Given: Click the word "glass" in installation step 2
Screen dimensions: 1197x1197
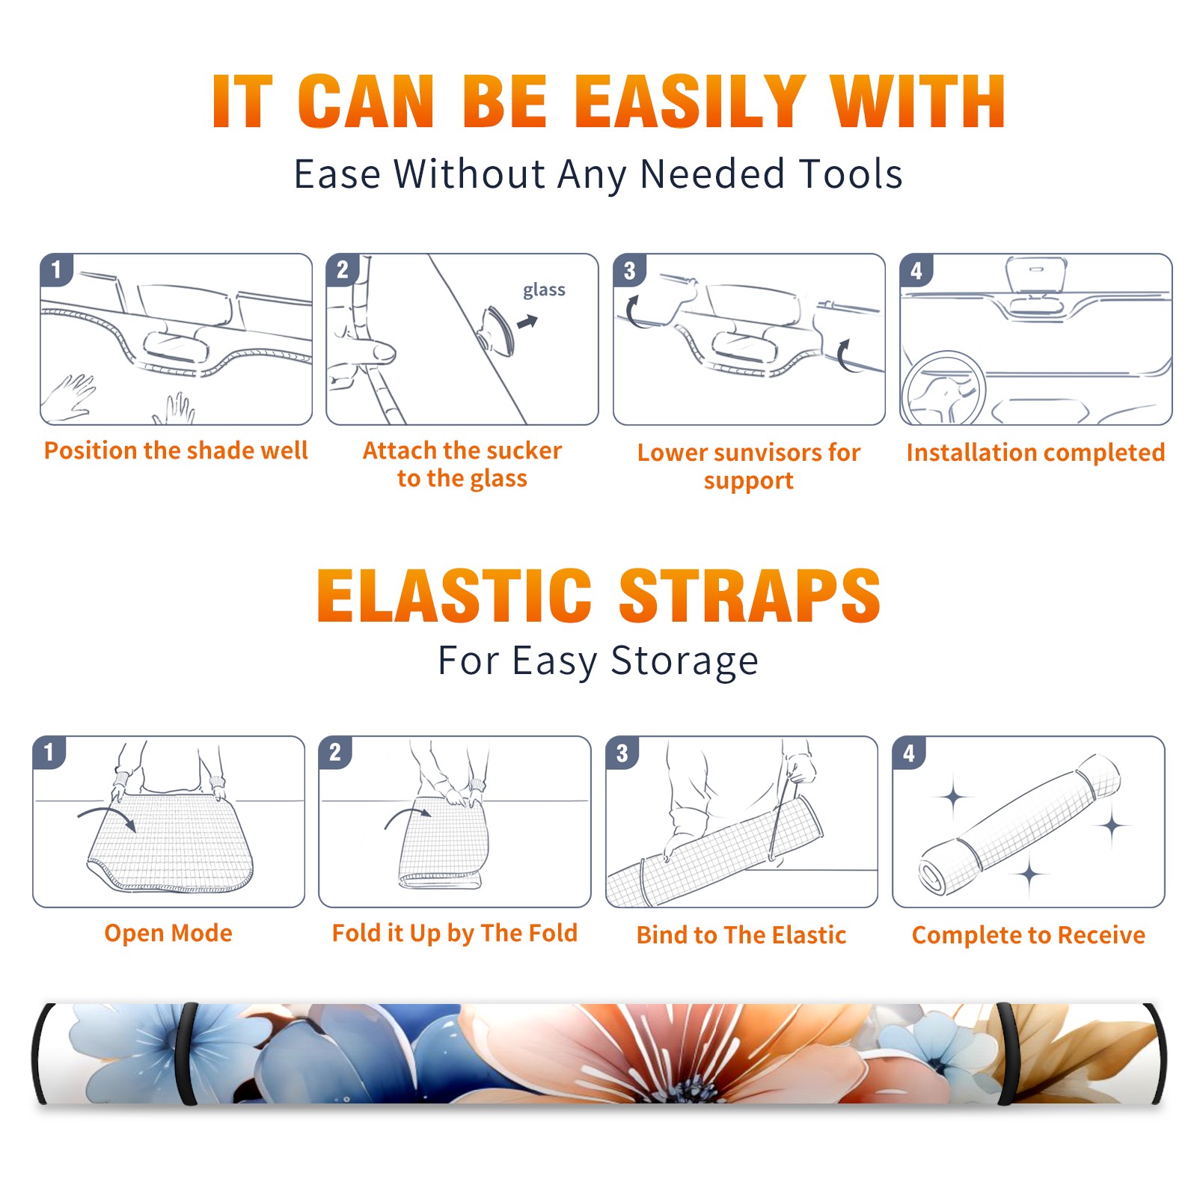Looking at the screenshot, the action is click(544, 290).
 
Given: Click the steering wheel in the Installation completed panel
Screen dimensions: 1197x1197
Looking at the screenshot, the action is click(943, 389).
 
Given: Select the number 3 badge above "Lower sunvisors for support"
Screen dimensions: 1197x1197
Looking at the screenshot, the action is click(630, 271).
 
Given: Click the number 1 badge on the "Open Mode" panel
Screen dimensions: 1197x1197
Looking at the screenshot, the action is click(49, 752).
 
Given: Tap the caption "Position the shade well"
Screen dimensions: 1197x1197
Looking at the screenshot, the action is click(176, 450).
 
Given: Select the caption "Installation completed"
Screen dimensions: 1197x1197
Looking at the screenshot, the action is click(1035, 453).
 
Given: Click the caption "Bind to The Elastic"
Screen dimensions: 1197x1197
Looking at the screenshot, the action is click(741, 935).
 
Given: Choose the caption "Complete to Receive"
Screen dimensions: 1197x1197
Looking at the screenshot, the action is click(1029, 935).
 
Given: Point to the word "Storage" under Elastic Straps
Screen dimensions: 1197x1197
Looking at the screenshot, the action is click(685, 662).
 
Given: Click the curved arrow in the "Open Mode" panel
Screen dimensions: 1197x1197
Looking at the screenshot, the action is click(107, 817).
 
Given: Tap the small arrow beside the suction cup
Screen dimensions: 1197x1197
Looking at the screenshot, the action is click(528, 322).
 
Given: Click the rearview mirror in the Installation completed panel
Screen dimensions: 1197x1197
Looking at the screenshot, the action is click(1035, 278).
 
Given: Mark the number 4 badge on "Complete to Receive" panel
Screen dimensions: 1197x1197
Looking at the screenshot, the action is click(909, 753).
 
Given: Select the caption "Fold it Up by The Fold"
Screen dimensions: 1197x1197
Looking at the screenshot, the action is click(455, 933).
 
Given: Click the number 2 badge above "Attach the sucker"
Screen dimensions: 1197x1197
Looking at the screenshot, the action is click(343, 270).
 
